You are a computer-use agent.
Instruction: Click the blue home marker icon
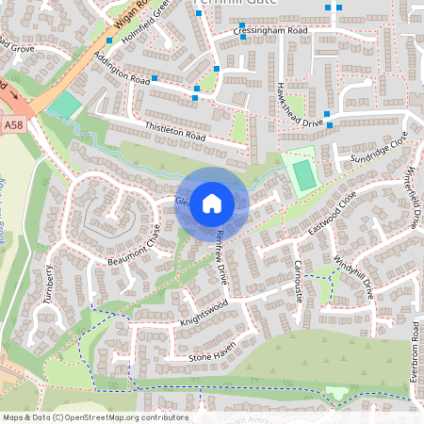coord(212,203)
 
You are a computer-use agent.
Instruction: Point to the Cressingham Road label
coord(270,31)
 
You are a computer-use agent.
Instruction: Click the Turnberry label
coord(49,286)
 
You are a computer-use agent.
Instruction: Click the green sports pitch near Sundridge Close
coord(302,174)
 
